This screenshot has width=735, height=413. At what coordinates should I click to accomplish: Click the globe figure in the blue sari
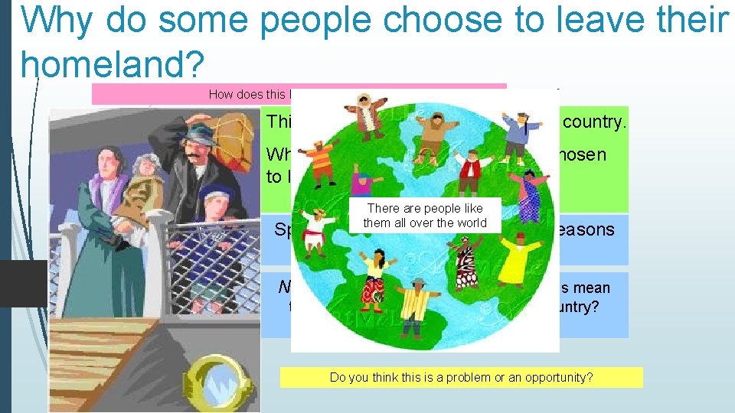pyautogui.click(x=529, y=195)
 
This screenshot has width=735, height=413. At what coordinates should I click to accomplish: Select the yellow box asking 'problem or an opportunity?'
pyautogui.click(x=462, y=377)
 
